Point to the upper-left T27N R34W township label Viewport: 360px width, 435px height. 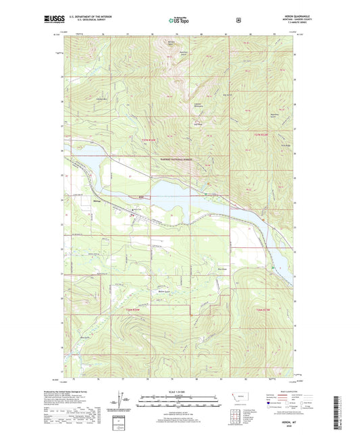pos(150,140)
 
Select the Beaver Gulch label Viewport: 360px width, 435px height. pos(163,291)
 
